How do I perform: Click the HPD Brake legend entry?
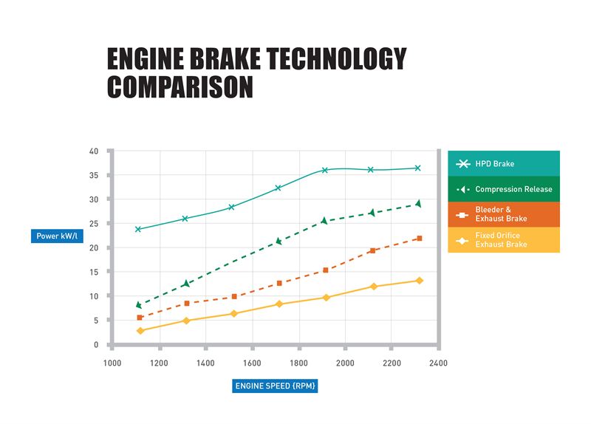coord(503,163)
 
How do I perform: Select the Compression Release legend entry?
coord(503,189)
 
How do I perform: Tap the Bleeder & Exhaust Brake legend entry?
coord(503,214)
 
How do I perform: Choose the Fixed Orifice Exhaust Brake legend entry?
coord(503,239)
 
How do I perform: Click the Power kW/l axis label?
coord(55,236)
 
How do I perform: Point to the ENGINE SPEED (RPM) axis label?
coord(275,386)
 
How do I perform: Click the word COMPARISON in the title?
coord(180,86)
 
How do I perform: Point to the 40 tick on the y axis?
coord(94,151)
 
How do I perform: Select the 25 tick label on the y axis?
coord(94,224)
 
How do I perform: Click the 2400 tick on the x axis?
coord(439,363)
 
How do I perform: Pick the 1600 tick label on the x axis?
coord(253,363)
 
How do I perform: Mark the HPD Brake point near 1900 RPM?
coord(324,170)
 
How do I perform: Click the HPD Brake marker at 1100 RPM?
coord(138,229)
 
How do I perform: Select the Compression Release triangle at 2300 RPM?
coord(418,203)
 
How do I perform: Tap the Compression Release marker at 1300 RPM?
coord(185,284)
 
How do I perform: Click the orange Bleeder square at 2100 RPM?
coord(372,250)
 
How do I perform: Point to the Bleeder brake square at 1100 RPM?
coord(140,318)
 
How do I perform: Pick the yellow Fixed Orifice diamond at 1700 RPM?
coord(279,304)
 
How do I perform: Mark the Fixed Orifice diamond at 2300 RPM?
coord(419,281)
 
